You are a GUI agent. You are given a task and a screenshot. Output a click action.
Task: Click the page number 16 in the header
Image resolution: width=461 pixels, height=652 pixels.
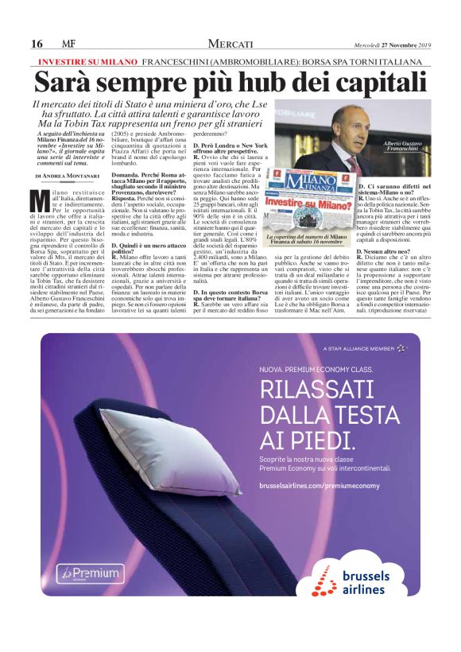click(x=37, y=44)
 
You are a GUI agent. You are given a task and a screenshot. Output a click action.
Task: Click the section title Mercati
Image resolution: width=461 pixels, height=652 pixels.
click(x=230, y=43)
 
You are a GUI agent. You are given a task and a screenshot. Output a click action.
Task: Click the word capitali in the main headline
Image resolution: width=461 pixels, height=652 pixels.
click(x=370, y=82)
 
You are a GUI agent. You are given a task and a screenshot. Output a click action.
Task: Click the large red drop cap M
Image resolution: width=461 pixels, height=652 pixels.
click(x=41, y=200)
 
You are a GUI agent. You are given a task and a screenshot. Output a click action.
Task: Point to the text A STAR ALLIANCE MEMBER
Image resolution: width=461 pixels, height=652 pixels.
click(x=364, y=347)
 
